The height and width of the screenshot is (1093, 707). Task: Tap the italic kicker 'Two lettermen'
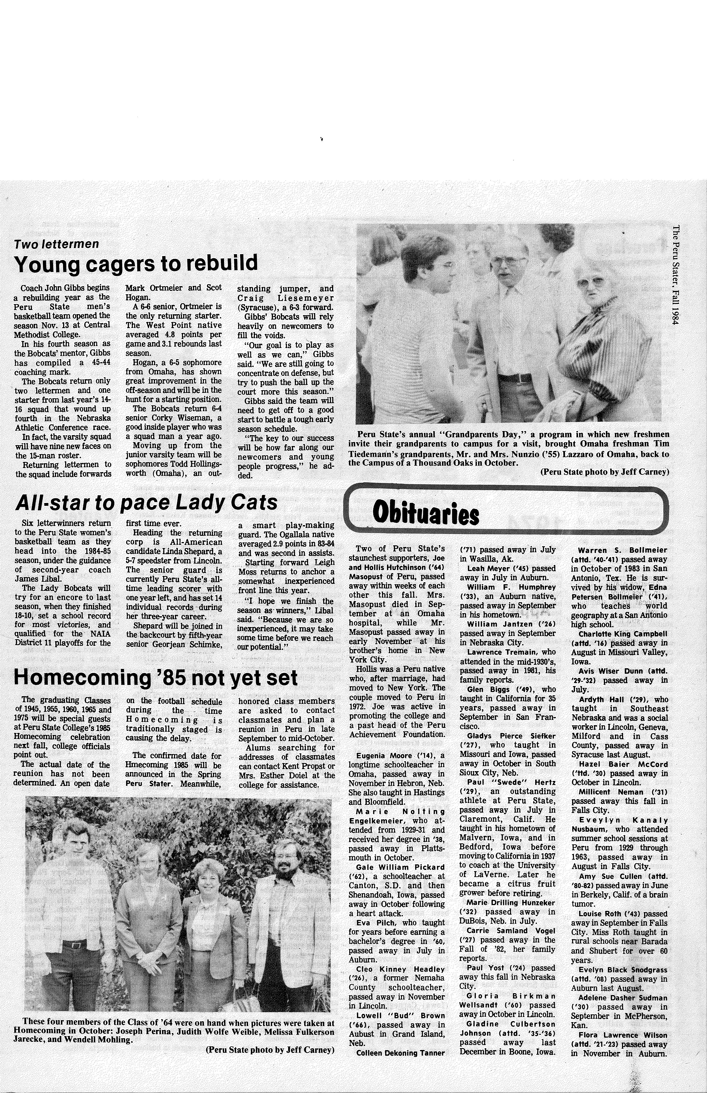tap(57, 244)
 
